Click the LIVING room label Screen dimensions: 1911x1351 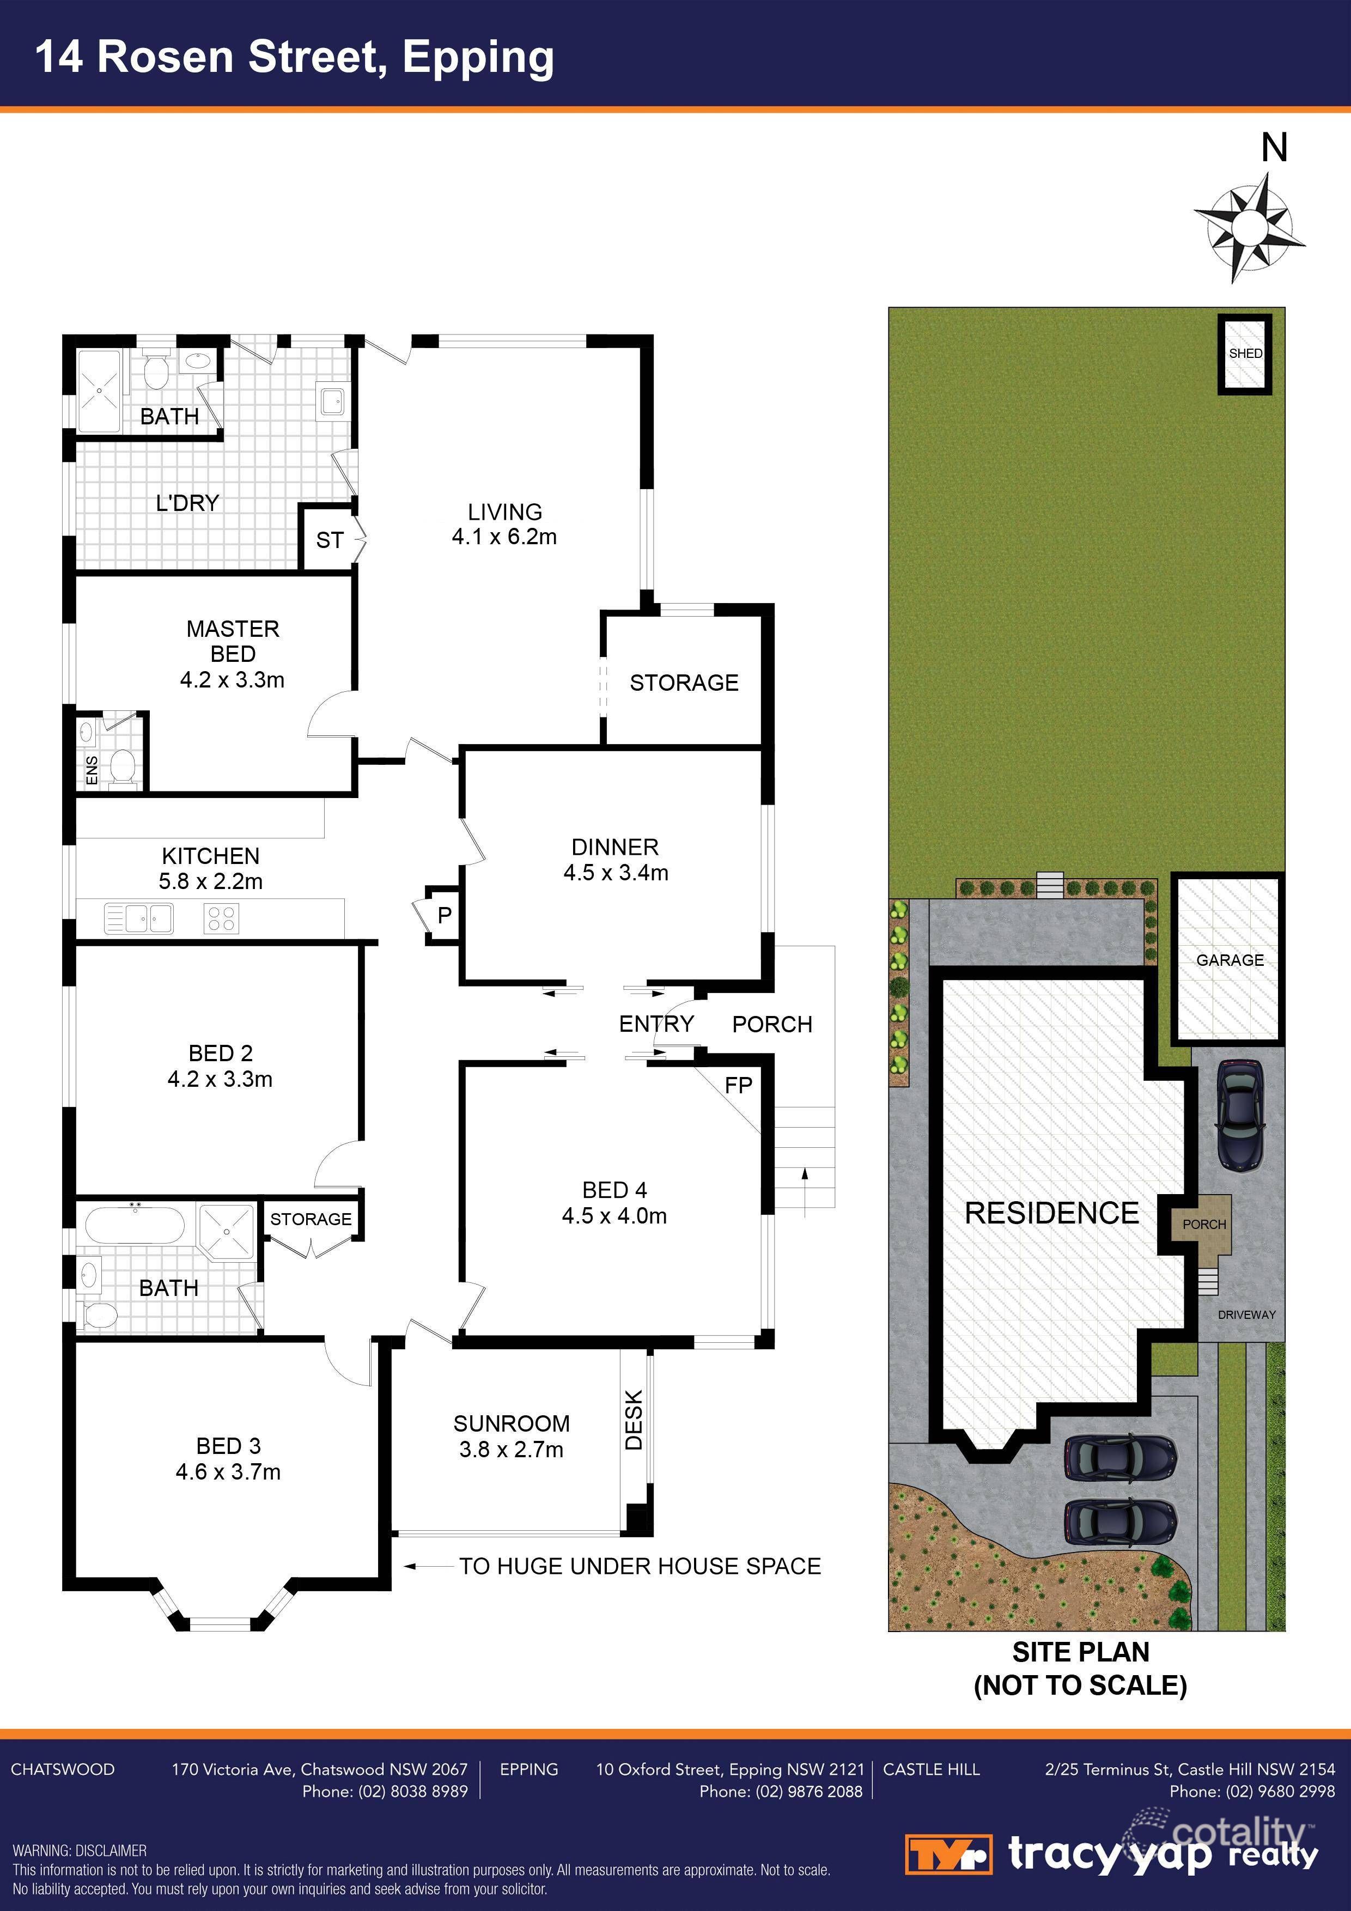click(x=504, y=512)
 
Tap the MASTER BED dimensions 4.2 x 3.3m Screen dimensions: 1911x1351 click(x=232, y=680)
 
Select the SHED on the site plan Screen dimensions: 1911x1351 click(x=1245, y=353)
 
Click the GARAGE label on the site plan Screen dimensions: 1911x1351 click(x=1230, y=960)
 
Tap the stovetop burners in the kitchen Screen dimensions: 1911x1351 click(x=221, y=918)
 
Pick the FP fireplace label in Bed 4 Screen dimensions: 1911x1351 click(x=738, y=1085)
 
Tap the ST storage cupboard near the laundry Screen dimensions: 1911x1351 click(x=330, y=540)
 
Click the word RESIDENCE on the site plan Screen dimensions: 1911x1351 click(x=1051, y=1214)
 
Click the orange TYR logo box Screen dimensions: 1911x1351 click(x=948, y=1854)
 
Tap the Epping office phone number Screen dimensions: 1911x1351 click(x=781, y=1791)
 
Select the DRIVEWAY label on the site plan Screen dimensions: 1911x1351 click(x=1246, y=1315)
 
